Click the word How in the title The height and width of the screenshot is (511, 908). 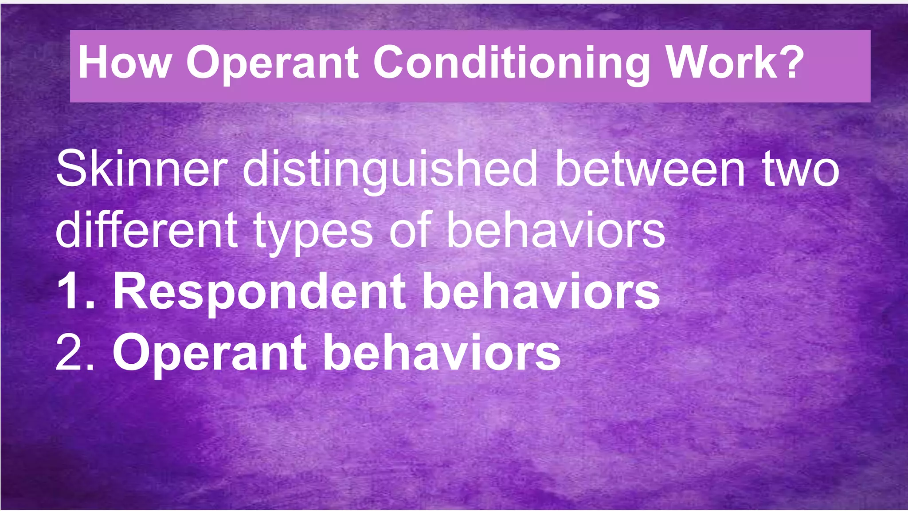click(124, 63)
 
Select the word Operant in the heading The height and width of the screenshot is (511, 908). click(272, 63)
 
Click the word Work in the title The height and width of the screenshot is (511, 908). click(723, 63)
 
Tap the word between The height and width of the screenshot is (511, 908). click(650, 169)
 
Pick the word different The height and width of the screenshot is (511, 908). click(146, 230)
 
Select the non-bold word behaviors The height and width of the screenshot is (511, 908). click(556, 230)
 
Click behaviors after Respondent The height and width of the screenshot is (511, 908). click(541, 291)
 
